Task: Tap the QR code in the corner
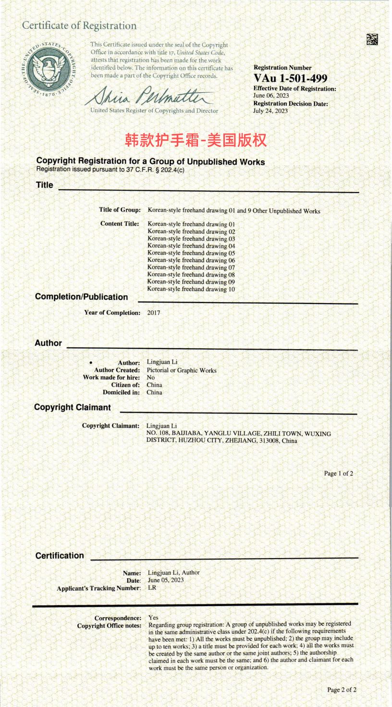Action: (371, 39)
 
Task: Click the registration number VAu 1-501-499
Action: (290, 78)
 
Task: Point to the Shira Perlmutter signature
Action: (149, 96)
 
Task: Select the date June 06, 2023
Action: (270, 96)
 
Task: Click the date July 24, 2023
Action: (270, 111)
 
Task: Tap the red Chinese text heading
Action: (196, 140)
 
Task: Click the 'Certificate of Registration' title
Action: (79, 26)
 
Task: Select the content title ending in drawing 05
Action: (191, 253)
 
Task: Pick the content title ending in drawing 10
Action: (191, 289)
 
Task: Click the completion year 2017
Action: (154, 313)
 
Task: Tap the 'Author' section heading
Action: (48, 343)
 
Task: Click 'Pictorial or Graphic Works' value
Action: (182, 370)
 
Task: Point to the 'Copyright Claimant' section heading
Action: (72, 407)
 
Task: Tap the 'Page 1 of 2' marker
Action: (338, 474)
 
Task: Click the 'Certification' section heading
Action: (60, 556)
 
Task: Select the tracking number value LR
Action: (152, 587)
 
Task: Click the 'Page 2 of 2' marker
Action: (342, 690)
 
